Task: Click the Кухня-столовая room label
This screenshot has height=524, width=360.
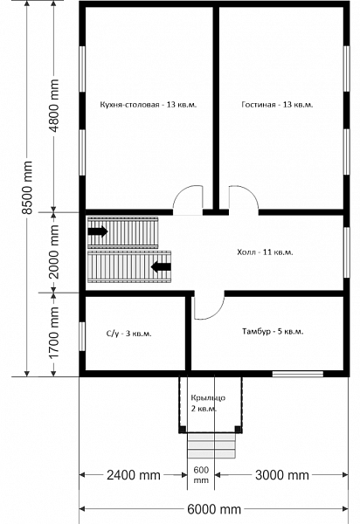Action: pyautogui.click(x=149, y=105)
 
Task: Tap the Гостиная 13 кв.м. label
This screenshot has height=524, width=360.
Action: pyautogui.click(x=277, y=105)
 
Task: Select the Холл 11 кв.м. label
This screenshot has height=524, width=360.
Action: pyautogui.click(x=265, y=252)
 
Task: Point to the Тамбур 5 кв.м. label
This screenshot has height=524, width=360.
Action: pyautogui.click(x=273, y=332)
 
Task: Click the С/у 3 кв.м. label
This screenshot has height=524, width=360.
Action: pyautogui.click(x=129, y=334)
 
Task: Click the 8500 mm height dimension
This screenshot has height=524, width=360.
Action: pyautogui.click(x=27, y=188)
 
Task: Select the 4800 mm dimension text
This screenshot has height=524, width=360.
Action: pyautogui.click(x=53, y=106)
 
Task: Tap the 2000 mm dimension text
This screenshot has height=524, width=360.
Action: pyautogui.click(x=53, y=252)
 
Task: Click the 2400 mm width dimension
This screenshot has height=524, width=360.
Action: pyautogui.click(x=134, y=475)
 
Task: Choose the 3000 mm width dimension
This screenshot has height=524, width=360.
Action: pyautogui.click(x=282, y=475)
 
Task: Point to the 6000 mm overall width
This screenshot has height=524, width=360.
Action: pyautogui.click(x=214, y=509)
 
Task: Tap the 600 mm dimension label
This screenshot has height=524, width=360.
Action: pyautogui.click(x=201, y=475)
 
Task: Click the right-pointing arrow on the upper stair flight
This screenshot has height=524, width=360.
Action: pyautogui.click(x=98, y=231)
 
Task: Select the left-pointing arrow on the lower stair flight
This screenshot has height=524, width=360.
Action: pyautogui.click(x=161, y=266)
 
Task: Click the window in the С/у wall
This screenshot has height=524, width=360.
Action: pyautogui.click(x=82, y=336)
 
